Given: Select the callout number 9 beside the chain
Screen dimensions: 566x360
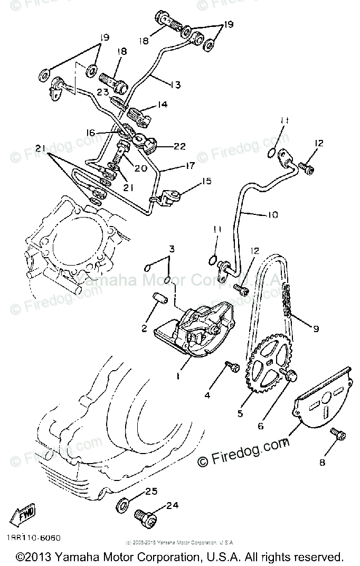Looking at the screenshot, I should coord(316,328).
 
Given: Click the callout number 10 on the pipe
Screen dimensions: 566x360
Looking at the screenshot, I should coord(273,215).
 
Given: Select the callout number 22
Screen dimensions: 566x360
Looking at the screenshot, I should coord(180,146).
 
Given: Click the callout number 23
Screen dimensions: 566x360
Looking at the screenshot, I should coord(102,90).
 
